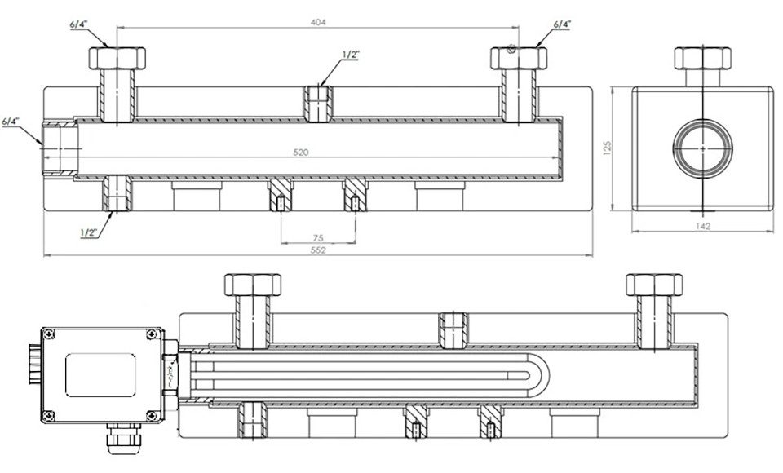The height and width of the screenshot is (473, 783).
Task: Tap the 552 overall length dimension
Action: pos(318,250)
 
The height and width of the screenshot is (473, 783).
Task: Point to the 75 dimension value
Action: pos(318,238)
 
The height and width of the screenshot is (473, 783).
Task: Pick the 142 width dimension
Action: pos(702,226)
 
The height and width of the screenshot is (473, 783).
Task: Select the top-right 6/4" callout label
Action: pos(561,25)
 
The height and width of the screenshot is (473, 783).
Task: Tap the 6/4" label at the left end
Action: pos(11,122)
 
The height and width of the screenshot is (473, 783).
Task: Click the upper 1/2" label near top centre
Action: pos(351,55)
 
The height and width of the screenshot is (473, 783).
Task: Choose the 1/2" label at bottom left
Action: pos(90,232)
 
